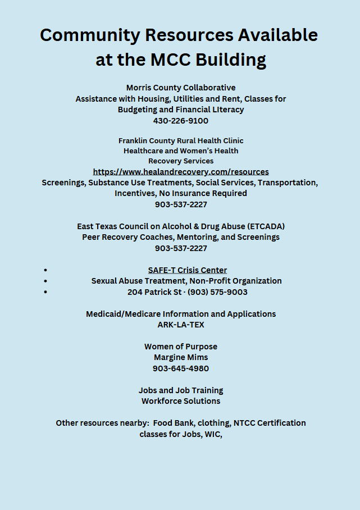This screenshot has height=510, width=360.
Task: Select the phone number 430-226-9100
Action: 181,121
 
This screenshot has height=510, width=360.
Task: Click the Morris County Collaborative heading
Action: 181,88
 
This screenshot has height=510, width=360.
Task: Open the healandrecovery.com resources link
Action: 181,172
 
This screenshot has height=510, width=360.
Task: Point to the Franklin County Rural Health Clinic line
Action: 181,140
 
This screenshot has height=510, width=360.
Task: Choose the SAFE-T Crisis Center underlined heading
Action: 188,270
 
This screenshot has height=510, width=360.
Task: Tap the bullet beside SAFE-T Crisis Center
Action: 45,270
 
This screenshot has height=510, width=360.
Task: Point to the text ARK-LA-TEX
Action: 181,325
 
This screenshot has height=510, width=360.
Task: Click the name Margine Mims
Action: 181,357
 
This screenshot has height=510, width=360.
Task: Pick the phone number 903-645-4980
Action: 181,368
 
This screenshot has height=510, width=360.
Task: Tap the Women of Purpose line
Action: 181,347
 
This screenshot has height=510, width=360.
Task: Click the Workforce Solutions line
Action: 181,401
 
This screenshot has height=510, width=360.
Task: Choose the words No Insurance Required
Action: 211,193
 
